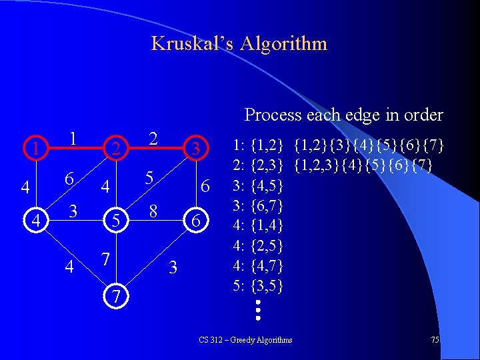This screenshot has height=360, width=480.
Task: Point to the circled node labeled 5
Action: click(115, 219)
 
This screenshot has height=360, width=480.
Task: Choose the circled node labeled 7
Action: click(117, 295)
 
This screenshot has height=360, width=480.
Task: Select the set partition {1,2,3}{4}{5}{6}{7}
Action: click(364, 163)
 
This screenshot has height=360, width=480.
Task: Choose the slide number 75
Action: click(435, 340)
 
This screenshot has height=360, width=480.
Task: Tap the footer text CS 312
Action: click(211, 340)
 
